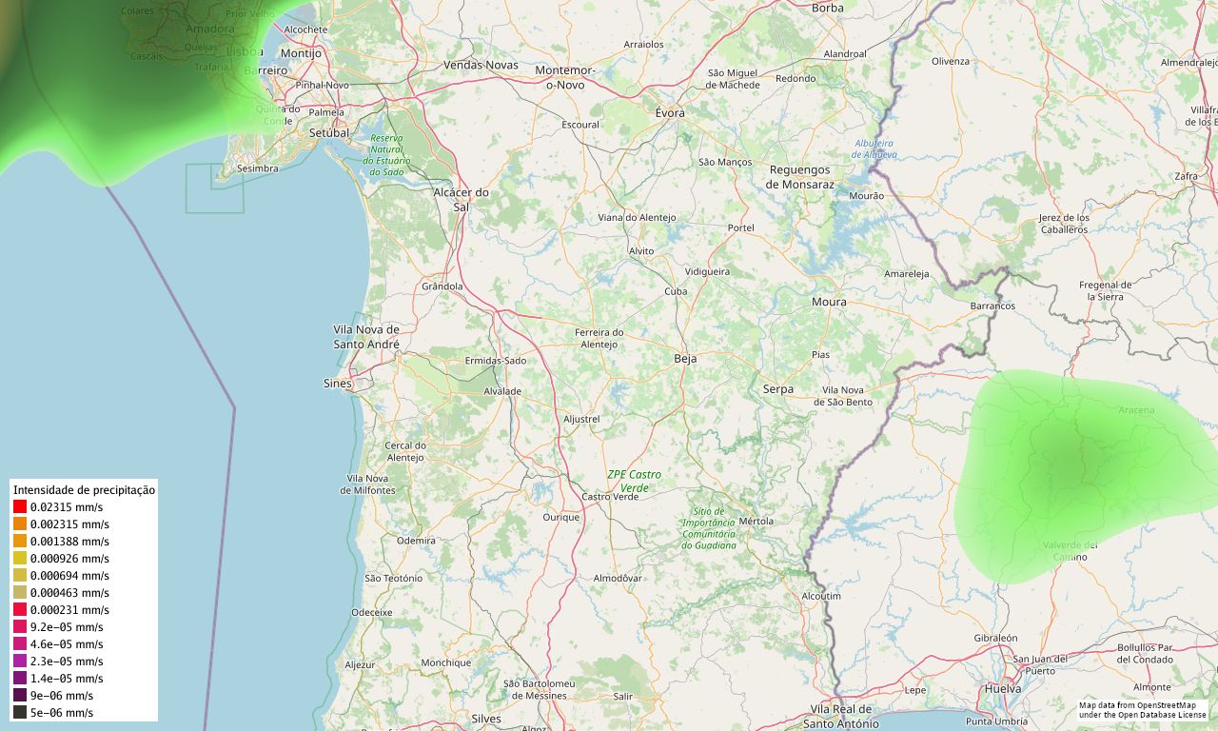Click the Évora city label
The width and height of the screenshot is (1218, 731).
pos(670,112)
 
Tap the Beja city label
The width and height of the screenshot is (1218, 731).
pos(685,359)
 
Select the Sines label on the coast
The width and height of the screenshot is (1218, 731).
pos(337,384)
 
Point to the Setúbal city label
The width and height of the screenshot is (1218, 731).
pos(329,133)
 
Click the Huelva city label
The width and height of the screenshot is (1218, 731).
pos(1003,688)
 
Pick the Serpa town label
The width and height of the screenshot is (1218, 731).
pos(777,389)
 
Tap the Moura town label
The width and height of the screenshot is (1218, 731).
pos(828,303)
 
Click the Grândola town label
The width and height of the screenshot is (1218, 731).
pos(442,286)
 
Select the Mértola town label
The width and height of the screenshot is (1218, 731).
pos(756,521)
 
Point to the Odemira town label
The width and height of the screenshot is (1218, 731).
pos(416,540)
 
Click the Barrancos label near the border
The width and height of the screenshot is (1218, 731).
pos(992,306)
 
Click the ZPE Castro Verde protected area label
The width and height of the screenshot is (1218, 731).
pos(634,481)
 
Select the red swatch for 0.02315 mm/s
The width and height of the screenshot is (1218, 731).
pos(20,507)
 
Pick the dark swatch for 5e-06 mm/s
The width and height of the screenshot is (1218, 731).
pos(20,712)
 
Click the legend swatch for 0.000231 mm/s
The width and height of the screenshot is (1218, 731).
pos(20,609)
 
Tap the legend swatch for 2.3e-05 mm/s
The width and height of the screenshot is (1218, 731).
pos(20,661)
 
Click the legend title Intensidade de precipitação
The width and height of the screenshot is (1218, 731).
pos(84,489)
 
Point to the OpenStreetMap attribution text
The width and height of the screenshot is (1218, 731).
pos(1142,710)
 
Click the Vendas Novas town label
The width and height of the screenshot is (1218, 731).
pos(481,65)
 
